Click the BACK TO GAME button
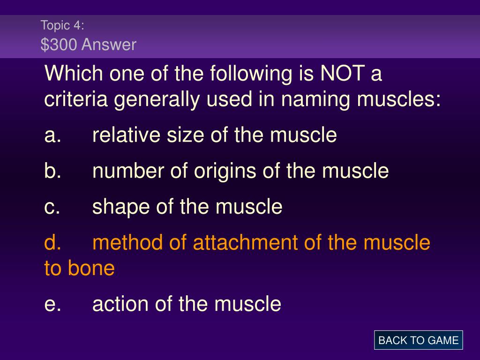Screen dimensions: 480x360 [418, 340]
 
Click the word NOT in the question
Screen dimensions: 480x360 [342, 74]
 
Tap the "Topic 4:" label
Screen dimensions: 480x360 [62, 25]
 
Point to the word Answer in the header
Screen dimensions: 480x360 [109, 45]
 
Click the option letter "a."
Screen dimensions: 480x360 [52, 135]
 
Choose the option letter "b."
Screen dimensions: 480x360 [52, 170]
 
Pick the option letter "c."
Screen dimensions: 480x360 [52, 207]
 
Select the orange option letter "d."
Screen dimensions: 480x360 [52, 242]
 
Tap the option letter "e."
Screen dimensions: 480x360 [52, 304]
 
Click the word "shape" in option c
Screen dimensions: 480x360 [121, 207]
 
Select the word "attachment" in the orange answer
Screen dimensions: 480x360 [246, 242]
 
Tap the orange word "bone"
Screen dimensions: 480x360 [91, 268]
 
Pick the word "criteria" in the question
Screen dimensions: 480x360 [76, 99]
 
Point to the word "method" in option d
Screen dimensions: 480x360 [127, 242]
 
